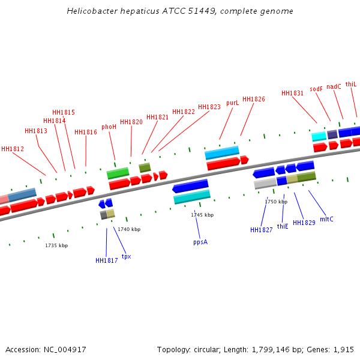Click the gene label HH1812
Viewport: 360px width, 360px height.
13,149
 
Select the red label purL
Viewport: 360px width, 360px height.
232,103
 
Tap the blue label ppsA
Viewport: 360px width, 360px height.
200,242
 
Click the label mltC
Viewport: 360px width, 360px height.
326,219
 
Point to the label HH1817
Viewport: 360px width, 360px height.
107,260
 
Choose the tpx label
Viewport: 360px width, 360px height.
126,256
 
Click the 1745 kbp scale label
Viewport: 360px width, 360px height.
202,215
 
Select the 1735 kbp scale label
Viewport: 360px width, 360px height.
56,245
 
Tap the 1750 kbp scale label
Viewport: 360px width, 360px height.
276,202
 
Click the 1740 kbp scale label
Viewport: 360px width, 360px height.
129,229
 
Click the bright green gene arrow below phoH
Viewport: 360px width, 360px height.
118,173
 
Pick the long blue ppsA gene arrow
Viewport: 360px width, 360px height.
190,187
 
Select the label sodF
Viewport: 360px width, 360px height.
316,89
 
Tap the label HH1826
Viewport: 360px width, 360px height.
254,99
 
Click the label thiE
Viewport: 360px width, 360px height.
283,226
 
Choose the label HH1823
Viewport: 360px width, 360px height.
209,107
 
